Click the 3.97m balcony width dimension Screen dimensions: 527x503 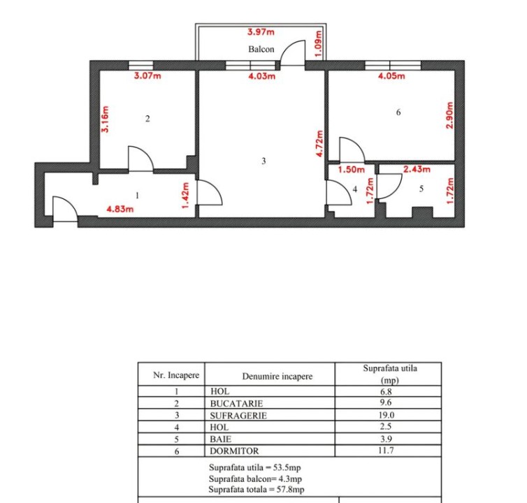click(261, 32)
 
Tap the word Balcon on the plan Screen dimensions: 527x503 click(261, 49)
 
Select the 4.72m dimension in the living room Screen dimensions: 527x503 click(319, 143)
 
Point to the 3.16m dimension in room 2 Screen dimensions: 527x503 click(106, 119)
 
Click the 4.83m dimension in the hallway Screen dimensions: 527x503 click(120, 209)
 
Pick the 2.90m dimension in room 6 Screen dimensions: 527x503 click(449, 115)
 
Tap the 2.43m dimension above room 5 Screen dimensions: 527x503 click(417, 169)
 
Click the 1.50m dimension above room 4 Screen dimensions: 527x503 click(352, 169)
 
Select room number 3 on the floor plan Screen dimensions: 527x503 click(263, 161)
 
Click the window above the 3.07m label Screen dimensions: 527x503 click(140, 65)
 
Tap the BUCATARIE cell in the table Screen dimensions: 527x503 click(237, 403)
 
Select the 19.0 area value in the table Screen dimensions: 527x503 click(387, 415)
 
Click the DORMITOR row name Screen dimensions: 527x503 click(234, 451)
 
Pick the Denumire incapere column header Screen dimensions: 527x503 click(277, 377)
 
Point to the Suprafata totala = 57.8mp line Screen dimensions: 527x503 click(257, 489)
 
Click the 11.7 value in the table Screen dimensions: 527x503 click(386, 450)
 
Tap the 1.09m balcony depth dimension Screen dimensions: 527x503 click(319, 44)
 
